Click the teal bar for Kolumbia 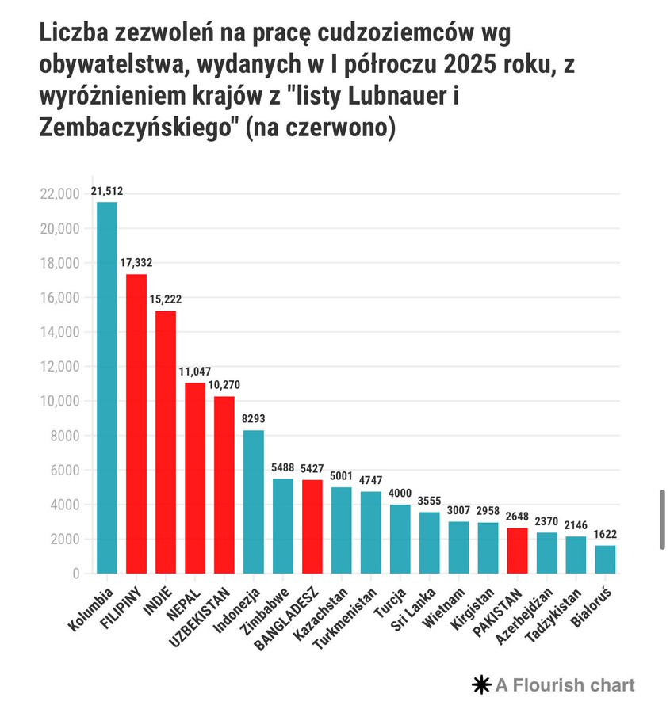click(x=107, y=387)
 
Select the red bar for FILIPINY click(x=136, y=423)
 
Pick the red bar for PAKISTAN click(x=517, y=550)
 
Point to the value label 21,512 click(x=107, y=192)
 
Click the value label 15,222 click(x=166, y=300)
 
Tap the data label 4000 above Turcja click(x=400, y=494)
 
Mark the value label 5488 click(x=283, y=468)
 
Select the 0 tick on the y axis click(x=76, y=574)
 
